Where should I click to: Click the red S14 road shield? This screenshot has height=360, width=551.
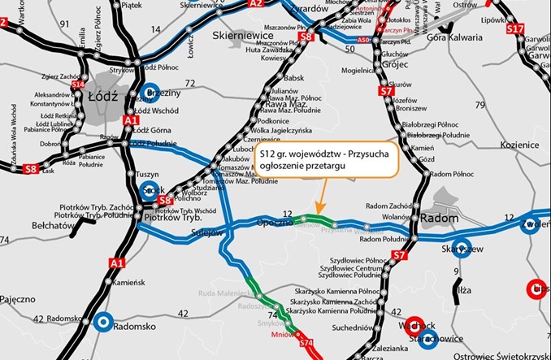78,84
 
